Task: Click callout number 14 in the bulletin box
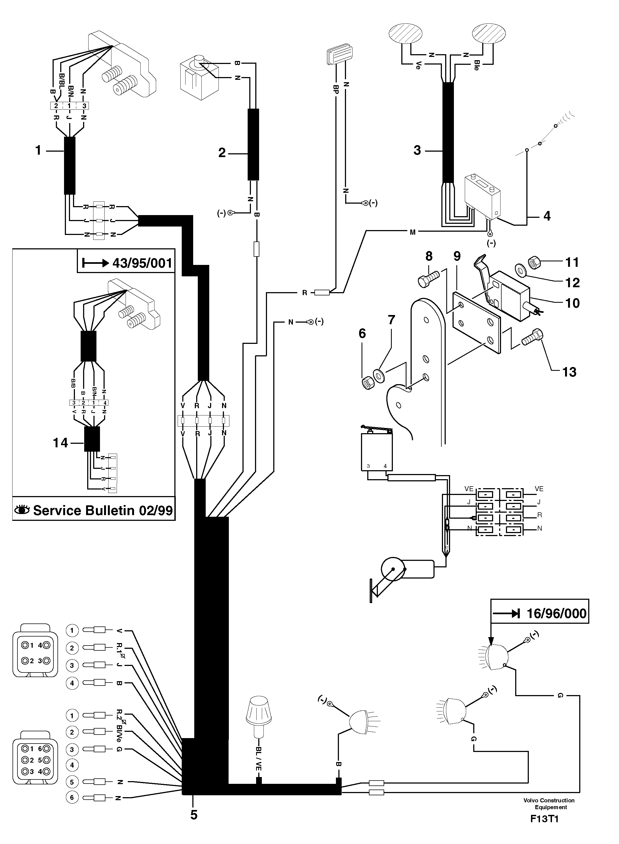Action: click(60, 443)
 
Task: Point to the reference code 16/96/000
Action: click(556, 613)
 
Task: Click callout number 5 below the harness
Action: click(193, 815)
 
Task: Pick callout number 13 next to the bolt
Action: click(569, 372)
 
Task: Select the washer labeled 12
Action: click(520, 269)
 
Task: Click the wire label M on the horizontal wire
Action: click(412, 233)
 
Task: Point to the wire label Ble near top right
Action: click(477, 65)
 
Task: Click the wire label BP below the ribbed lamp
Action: click(336, 89)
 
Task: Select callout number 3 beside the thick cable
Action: click(417, 151)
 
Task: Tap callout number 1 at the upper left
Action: click(38, 151)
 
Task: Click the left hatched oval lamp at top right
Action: click(406, 33)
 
